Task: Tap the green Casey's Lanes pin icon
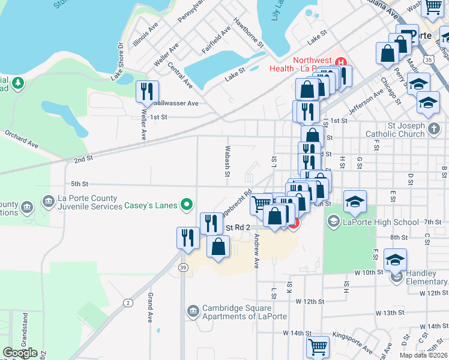[187, 205]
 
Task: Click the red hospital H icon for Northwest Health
[341, 62]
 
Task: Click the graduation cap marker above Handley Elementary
[395, 260]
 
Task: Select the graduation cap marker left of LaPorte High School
[355, 202]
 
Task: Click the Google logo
[20, 353]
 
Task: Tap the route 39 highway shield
[182, 268]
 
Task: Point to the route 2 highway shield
[128, 302]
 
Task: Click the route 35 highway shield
[427, 60]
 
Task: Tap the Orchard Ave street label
[22, 139]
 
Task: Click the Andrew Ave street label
[256, 251]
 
